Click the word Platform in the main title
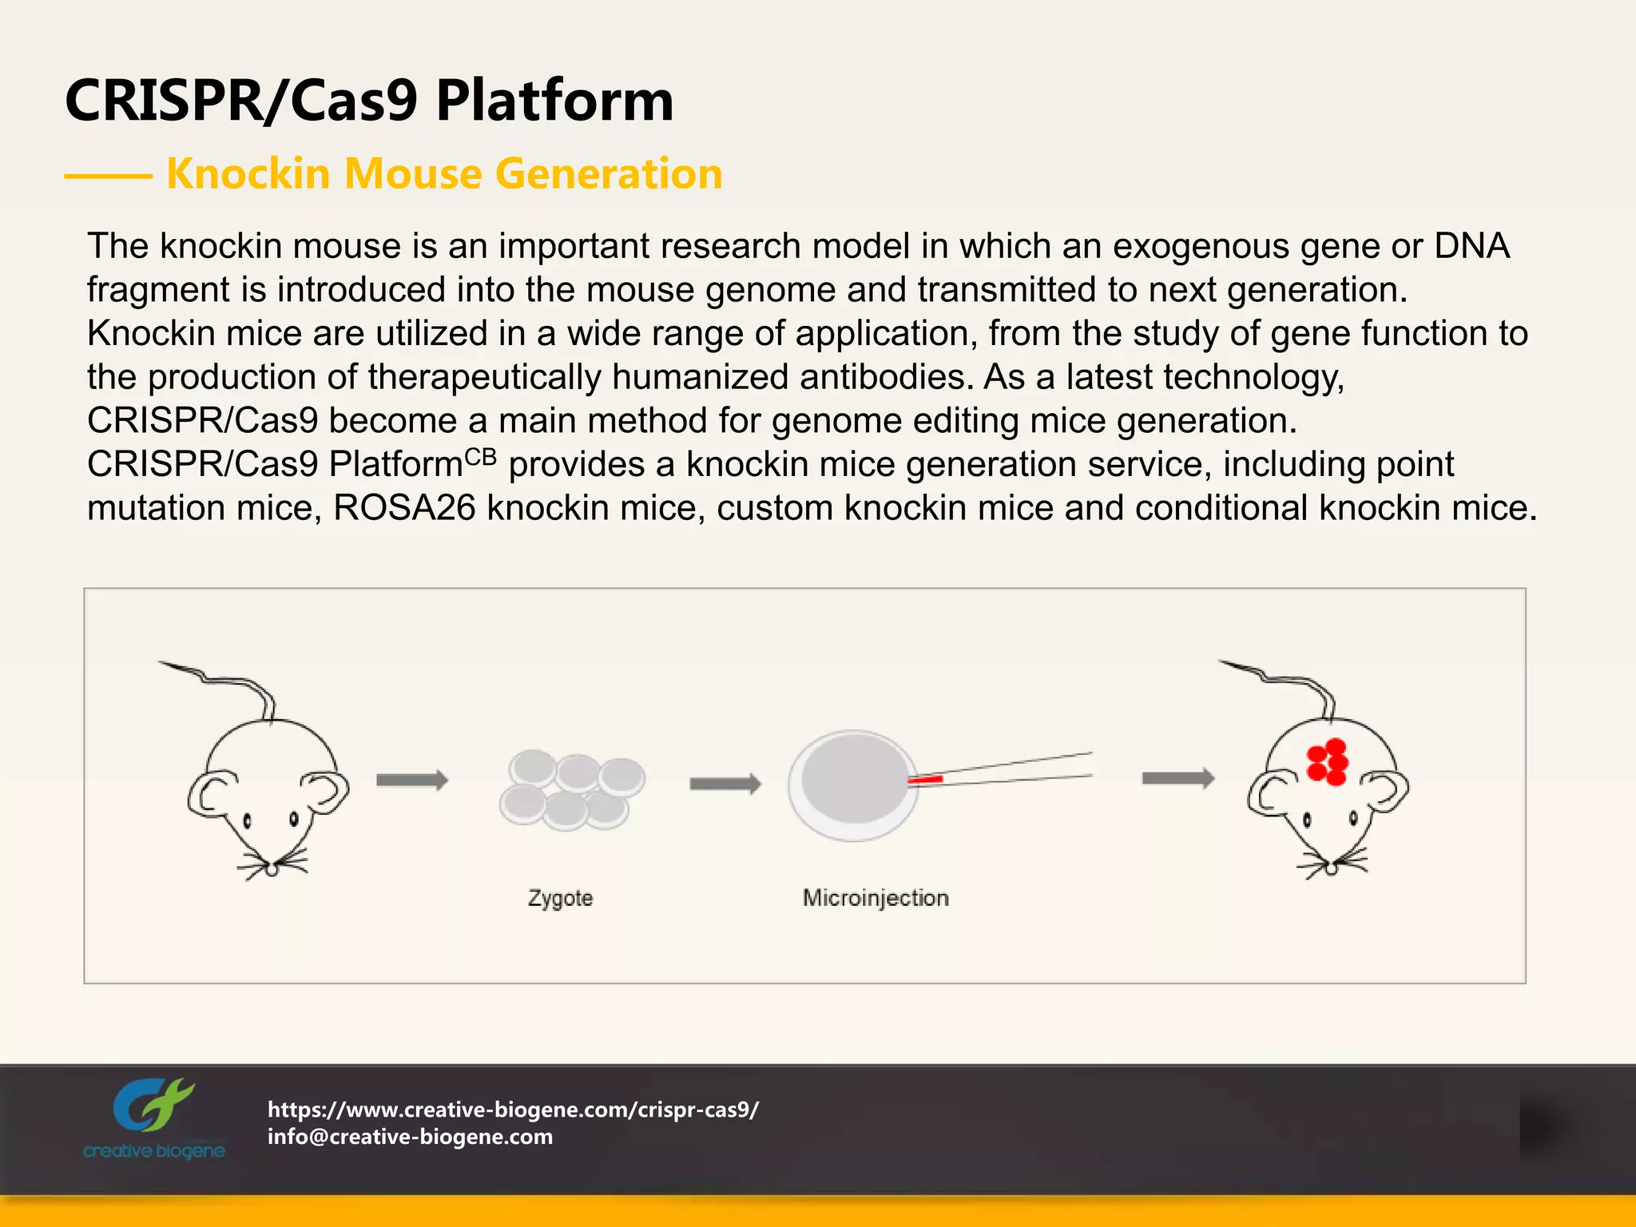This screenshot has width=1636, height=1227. (554, 101)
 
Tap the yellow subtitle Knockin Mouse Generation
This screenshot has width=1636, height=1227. (444, 173)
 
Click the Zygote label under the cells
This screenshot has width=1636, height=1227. (560, 898)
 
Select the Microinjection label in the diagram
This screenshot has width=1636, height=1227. (876, 898)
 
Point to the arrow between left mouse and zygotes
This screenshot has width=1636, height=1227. (411, 780)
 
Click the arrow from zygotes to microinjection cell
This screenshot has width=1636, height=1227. (725, 784)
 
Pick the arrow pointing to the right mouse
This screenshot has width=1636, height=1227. (1177, 778)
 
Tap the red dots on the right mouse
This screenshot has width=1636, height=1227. (1328, 762)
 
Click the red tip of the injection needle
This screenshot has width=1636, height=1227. (925, 779)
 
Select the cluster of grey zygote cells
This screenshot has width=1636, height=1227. (571, 789)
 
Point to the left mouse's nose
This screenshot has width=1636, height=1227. (272, 869)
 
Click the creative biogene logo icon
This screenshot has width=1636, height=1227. (153, 1106)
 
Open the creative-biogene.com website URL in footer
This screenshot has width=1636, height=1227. (513, 1110)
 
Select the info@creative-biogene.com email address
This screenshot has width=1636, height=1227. (410, 1137)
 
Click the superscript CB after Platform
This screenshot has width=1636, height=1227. (481, 457)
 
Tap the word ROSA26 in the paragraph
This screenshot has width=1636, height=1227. (404, 508)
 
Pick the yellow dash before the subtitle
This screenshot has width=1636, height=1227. (108, 176)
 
